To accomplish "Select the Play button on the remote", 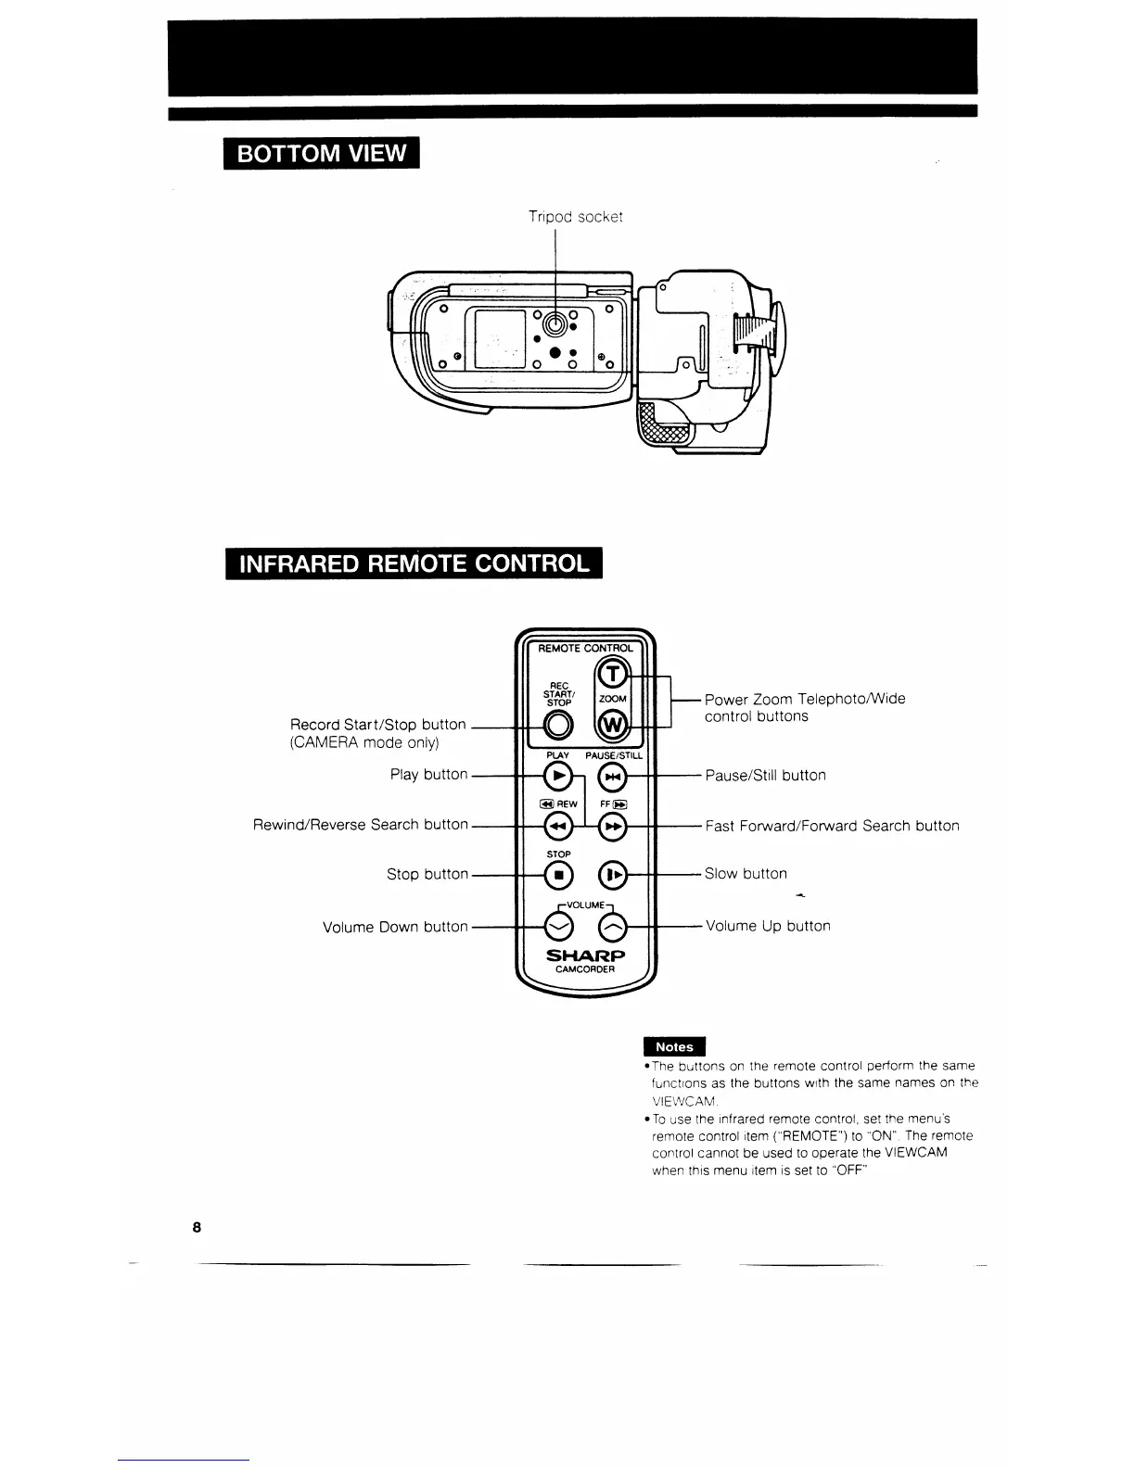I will point(557,776).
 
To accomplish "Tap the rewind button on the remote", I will point(557,826).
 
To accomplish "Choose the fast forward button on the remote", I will point(612,826).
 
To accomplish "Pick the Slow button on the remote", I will point(613,874).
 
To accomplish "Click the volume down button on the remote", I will point(557,926).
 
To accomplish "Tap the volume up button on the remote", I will point(612,926).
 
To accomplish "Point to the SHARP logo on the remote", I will point(585,955).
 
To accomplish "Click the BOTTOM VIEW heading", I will point(322,153).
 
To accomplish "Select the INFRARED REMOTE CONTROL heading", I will point(414,563).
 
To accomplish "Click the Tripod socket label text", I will point(575,217).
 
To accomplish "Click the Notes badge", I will point(674,1046).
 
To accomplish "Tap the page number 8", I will point(197,1227).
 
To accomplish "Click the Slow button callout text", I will point(746,874).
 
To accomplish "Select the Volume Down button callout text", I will point(395,927).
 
